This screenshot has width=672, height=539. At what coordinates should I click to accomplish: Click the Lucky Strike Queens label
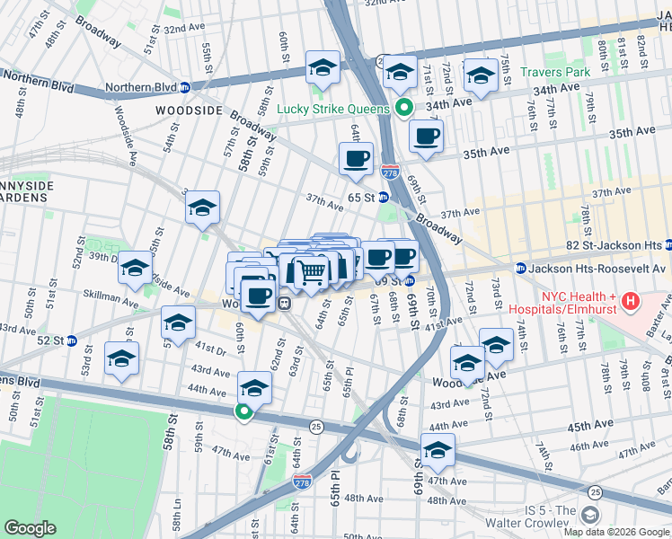(332, 109)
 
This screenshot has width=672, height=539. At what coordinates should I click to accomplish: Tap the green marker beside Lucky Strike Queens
(404, 109)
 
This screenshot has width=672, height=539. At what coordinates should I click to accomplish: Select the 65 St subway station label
(362, 197)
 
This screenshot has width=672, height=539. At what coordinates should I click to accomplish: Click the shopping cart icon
(312, 270)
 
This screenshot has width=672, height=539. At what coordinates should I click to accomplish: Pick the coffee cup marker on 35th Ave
(426, 137)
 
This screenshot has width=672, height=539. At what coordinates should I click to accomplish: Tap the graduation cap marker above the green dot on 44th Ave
(254, 388)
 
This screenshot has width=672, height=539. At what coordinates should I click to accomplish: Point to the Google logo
(31, 528)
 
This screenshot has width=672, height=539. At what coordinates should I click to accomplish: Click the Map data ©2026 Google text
(616, 532)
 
